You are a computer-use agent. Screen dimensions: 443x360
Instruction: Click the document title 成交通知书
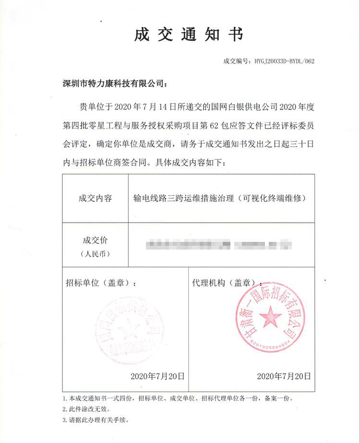tap(189, 35)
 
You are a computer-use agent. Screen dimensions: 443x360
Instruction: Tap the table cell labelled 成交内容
tap(95, 198)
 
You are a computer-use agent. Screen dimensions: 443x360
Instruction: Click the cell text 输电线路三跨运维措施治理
tap(184, 198)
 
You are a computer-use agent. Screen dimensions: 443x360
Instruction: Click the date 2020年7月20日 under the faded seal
tap(157, 376)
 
